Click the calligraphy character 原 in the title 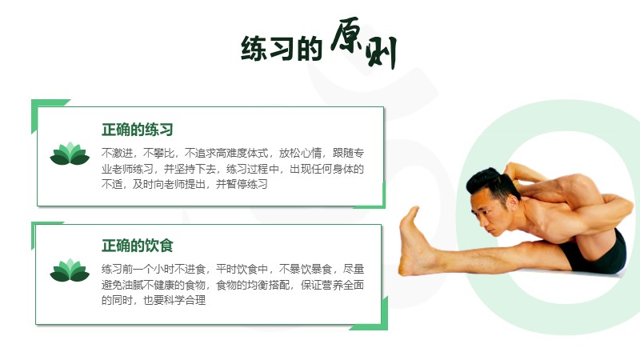pos(346,36)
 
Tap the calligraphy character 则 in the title pos(382,52)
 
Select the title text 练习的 pos(282,49)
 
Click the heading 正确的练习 pos(137,130)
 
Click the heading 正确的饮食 pos(137,246)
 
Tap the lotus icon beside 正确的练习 pos(70,154)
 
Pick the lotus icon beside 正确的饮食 pos(70,270)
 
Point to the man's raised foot pos(413,241)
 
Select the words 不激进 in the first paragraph pos(117,154)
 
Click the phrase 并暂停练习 pos(242,185)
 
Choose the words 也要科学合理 pos(174,301)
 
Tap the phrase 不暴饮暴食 pos(306,270)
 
